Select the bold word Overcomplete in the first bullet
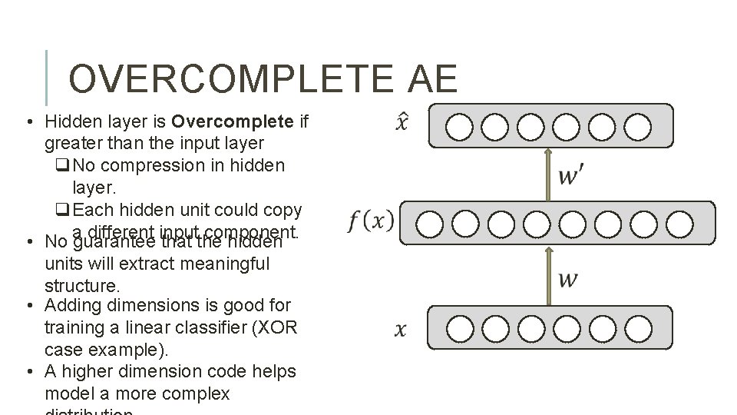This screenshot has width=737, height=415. click(233, 121)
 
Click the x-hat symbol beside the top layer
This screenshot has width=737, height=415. click(402, 123)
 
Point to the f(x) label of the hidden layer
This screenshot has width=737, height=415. click(371, 221)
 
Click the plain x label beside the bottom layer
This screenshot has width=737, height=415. click(401, 330)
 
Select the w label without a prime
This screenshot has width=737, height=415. click(568, 278)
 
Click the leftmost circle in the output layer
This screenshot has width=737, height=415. click(459, 127)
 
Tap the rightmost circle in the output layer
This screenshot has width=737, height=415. click(638, 127)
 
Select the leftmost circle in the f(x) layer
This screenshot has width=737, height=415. click(431, 224)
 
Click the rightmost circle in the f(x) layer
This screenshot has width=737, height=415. click(679, 224)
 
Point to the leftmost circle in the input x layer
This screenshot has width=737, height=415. click(459, 328)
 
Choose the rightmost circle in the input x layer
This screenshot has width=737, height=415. click(638, 328)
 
